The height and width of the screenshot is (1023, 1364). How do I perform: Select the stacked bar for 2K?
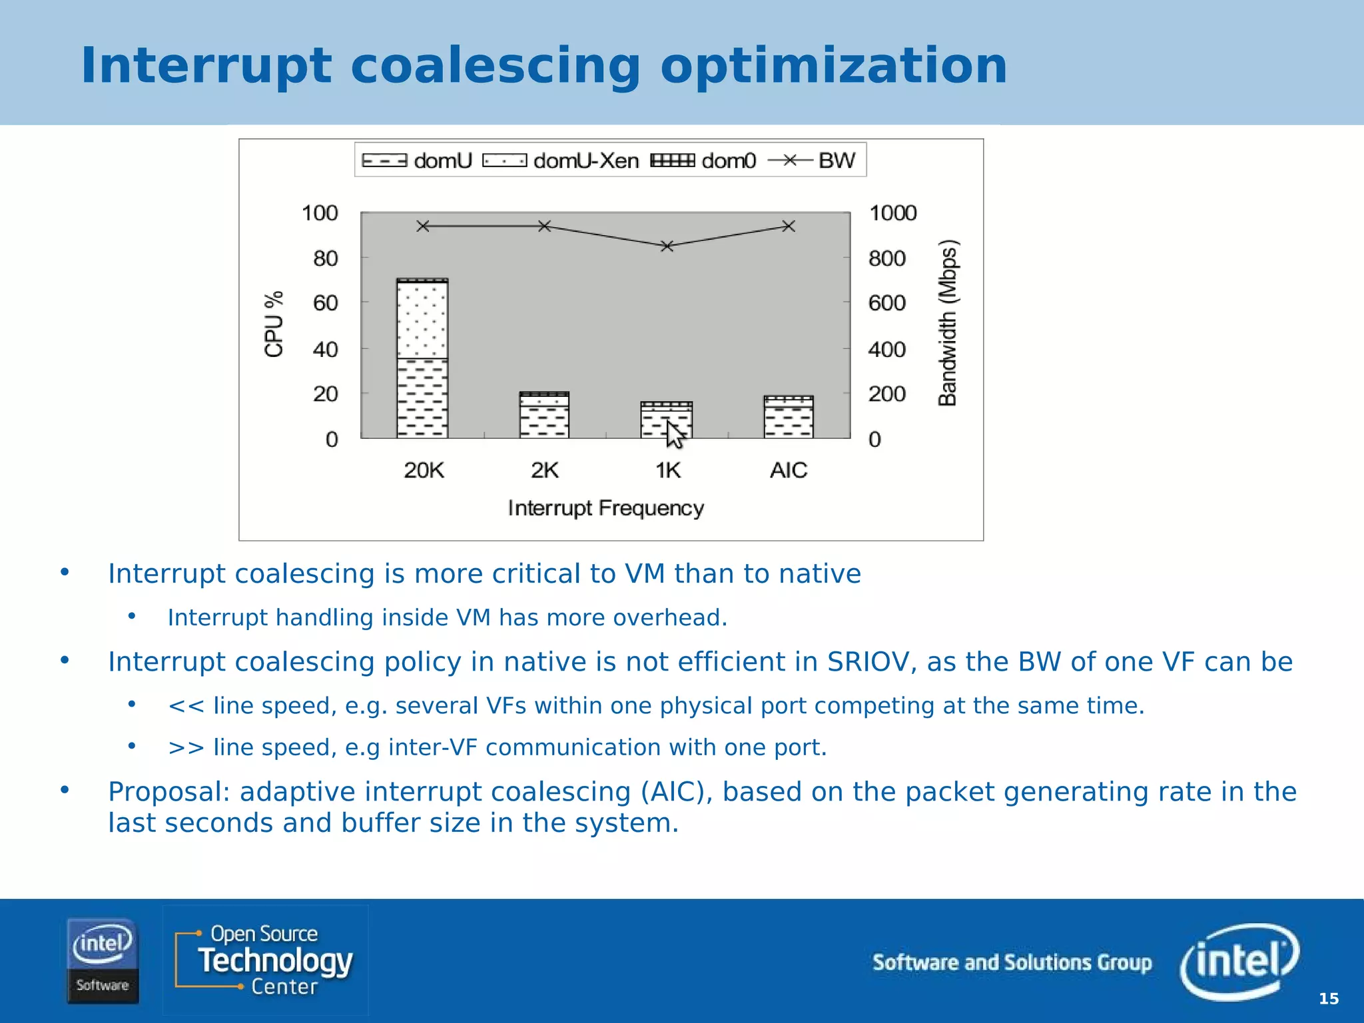click(x=544, y=415)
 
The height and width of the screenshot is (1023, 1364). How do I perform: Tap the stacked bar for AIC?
click(x=789, y=417)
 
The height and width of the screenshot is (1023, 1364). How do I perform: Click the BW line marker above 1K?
click(x=667, y=246)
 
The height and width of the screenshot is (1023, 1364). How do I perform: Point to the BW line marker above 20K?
click(x=423, y=226)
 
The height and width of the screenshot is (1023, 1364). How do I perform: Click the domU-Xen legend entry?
click(x=560, y=161)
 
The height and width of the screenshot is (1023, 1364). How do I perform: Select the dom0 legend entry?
click(x=703, y=161)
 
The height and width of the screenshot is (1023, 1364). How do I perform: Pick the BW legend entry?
click(x=812, y=161)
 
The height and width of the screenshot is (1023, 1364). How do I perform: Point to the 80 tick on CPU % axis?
click(x=325, y=258)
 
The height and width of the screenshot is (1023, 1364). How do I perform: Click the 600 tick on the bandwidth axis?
click(x=886, y=303)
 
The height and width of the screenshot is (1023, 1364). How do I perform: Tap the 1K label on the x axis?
click(x=668, y=470)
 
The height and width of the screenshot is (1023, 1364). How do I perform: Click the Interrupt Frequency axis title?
click(x=605, y=508)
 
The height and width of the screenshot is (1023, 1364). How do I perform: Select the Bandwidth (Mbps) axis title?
click(x=948, y=322)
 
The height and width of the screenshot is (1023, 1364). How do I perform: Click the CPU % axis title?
click(x=274, y=324)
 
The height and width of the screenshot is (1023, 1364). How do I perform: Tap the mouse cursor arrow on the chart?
click(x=674, y=434)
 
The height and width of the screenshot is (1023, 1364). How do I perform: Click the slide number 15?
click(x=1329, y=998)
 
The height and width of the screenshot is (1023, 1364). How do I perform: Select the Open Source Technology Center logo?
click(x=265, y=960)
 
